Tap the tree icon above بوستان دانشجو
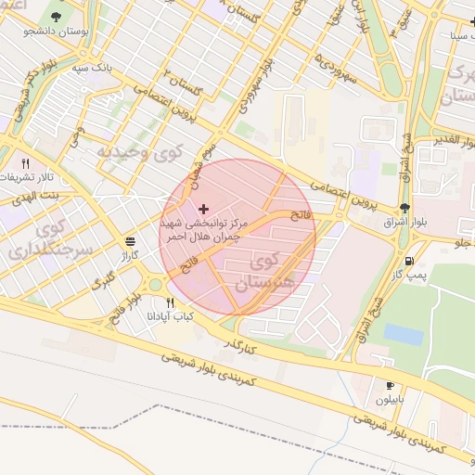click(58, 17)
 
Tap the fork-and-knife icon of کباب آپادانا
click(169, 302)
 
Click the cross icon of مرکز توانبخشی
click(204, 209)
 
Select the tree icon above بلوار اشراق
click(404, 208)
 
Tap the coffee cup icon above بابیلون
click(390, 384)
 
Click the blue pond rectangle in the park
click(403, 334)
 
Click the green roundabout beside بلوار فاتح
click(153, 284)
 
